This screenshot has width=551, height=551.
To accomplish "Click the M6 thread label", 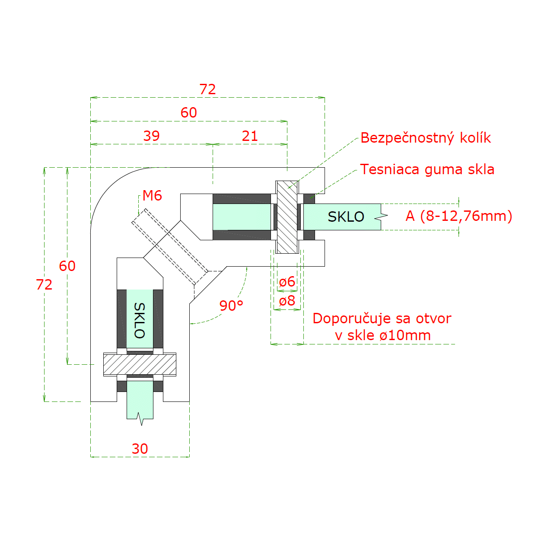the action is pos(152,196).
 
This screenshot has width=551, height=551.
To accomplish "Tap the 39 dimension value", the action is pos(152,136).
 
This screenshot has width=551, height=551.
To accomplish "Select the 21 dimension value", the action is pos(250,136).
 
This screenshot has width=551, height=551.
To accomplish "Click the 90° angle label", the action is pos(231,306).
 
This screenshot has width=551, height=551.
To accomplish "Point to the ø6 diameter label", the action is pos(287,282).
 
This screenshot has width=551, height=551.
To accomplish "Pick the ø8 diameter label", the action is pos(287,300).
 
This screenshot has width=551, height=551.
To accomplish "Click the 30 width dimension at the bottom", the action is pos(140,449).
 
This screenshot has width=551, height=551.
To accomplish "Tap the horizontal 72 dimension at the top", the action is pos(207,89).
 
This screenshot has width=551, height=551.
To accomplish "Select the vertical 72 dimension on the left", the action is pos(44,284).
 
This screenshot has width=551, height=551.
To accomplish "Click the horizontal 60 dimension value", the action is pos(189,112).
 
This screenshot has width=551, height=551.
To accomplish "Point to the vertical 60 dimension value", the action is pos(67,266).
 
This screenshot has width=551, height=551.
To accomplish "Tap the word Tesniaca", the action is pos(390,169).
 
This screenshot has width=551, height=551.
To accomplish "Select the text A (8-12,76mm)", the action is pos(459,216).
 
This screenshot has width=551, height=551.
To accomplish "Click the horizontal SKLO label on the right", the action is pos(346,217).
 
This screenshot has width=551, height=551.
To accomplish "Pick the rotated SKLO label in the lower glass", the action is pos(140,321).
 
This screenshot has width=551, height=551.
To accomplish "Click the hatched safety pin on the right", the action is pos(287,217).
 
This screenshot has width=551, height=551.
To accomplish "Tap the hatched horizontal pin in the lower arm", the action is pos(140,365).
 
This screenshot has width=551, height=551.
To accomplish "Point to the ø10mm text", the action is pos(405,335).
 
